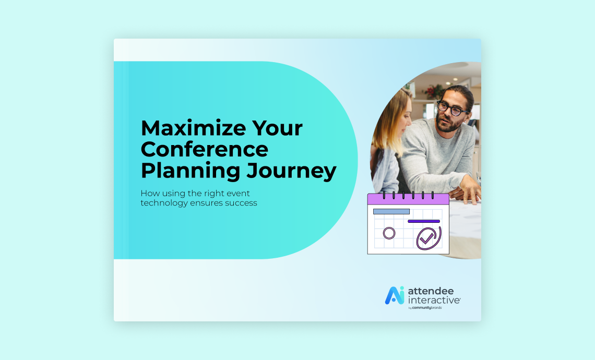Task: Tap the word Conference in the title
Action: (x=205, y=149)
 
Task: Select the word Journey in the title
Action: (x=291, y=172)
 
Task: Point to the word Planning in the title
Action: (x=191, y=172)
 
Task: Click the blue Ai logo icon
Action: (x=395, y=295)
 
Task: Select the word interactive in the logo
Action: (x=434, y=300)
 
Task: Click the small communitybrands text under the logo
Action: (x=426, y=308)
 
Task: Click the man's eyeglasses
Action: (x=452, y=108)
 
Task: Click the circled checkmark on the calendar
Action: (x=429, y=238)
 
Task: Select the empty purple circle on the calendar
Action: (x=389, y=233)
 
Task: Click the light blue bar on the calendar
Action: (x=391, y=211)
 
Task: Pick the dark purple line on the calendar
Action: (x=424, y=221)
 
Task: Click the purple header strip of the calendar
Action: (x=408, y=199)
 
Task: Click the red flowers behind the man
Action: (x=431, y=91)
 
